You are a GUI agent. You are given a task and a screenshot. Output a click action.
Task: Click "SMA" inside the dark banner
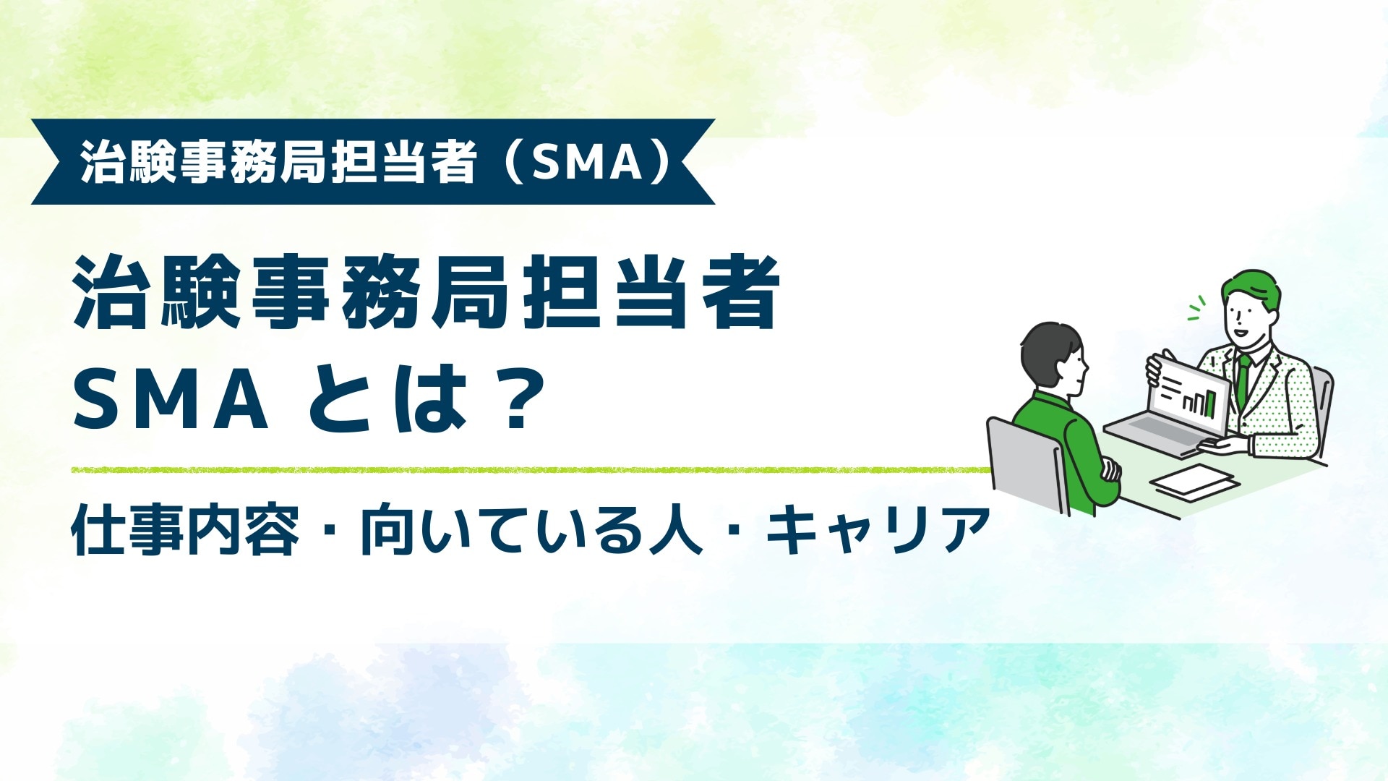click(587, 163)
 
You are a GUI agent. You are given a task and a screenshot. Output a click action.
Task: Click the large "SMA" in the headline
click(171, 399)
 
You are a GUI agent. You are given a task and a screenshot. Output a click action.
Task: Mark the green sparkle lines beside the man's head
click(1197, 307)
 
